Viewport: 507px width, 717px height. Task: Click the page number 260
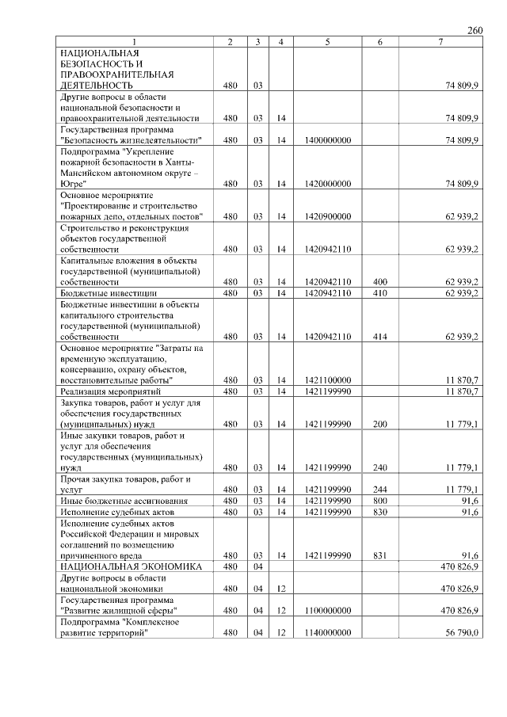tap(475, 30)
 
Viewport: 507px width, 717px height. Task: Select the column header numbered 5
tap(327, 41)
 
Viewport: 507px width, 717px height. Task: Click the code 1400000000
tap(327, 140)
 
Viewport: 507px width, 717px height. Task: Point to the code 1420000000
tap(327, 184)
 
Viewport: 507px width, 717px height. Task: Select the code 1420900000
tap(327, 216)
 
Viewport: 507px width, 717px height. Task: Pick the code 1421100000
tap(327, 380)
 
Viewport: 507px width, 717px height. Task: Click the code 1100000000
tap(327, 611)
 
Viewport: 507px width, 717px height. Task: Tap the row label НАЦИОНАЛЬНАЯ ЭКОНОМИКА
tap(131, 566)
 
